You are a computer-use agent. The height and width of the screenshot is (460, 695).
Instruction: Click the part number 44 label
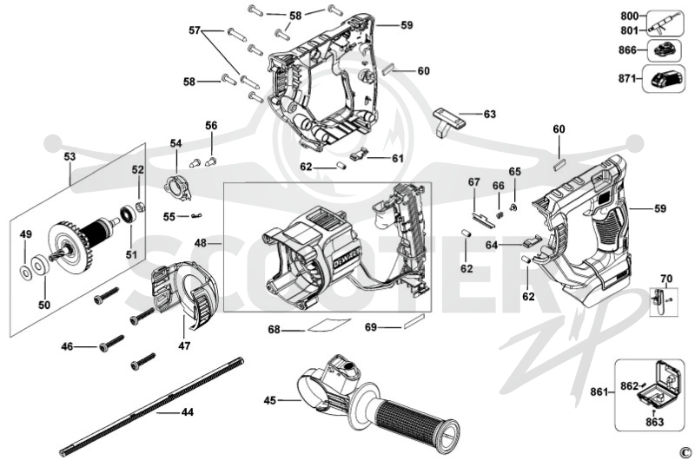tap(188, 412)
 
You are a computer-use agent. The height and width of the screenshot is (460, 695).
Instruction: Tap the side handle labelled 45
tap(377, 403)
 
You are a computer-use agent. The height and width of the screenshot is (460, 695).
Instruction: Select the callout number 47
tap(184, 345)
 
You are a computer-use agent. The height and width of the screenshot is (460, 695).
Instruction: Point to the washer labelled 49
tap(26, 273)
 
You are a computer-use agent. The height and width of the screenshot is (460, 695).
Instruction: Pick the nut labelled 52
tap(138, 207)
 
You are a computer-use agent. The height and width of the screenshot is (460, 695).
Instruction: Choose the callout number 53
tap(69, 156)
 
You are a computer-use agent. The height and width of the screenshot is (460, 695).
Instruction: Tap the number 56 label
tap(211, 125)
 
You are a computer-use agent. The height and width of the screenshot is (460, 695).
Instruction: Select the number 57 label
tap(195, 30)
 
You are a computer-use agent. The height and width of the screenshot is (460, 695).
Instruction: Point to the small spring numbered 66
tap(499, 214)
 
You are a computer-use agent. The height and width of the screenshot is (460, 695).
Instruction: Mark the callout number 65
tap(515, 171)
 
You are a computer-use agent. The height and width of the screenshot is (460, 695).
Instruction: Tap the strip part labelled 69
tap(414, 321)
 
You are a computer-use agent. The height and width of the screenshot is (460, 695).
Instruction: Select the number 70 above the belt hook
tap(666, 279)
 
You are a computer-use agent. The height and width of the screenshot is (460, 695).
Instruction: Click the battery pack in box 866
tap(664, 50)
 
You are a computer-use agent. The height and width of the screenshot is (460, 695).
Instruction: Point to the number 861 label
tap(599, 391)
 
